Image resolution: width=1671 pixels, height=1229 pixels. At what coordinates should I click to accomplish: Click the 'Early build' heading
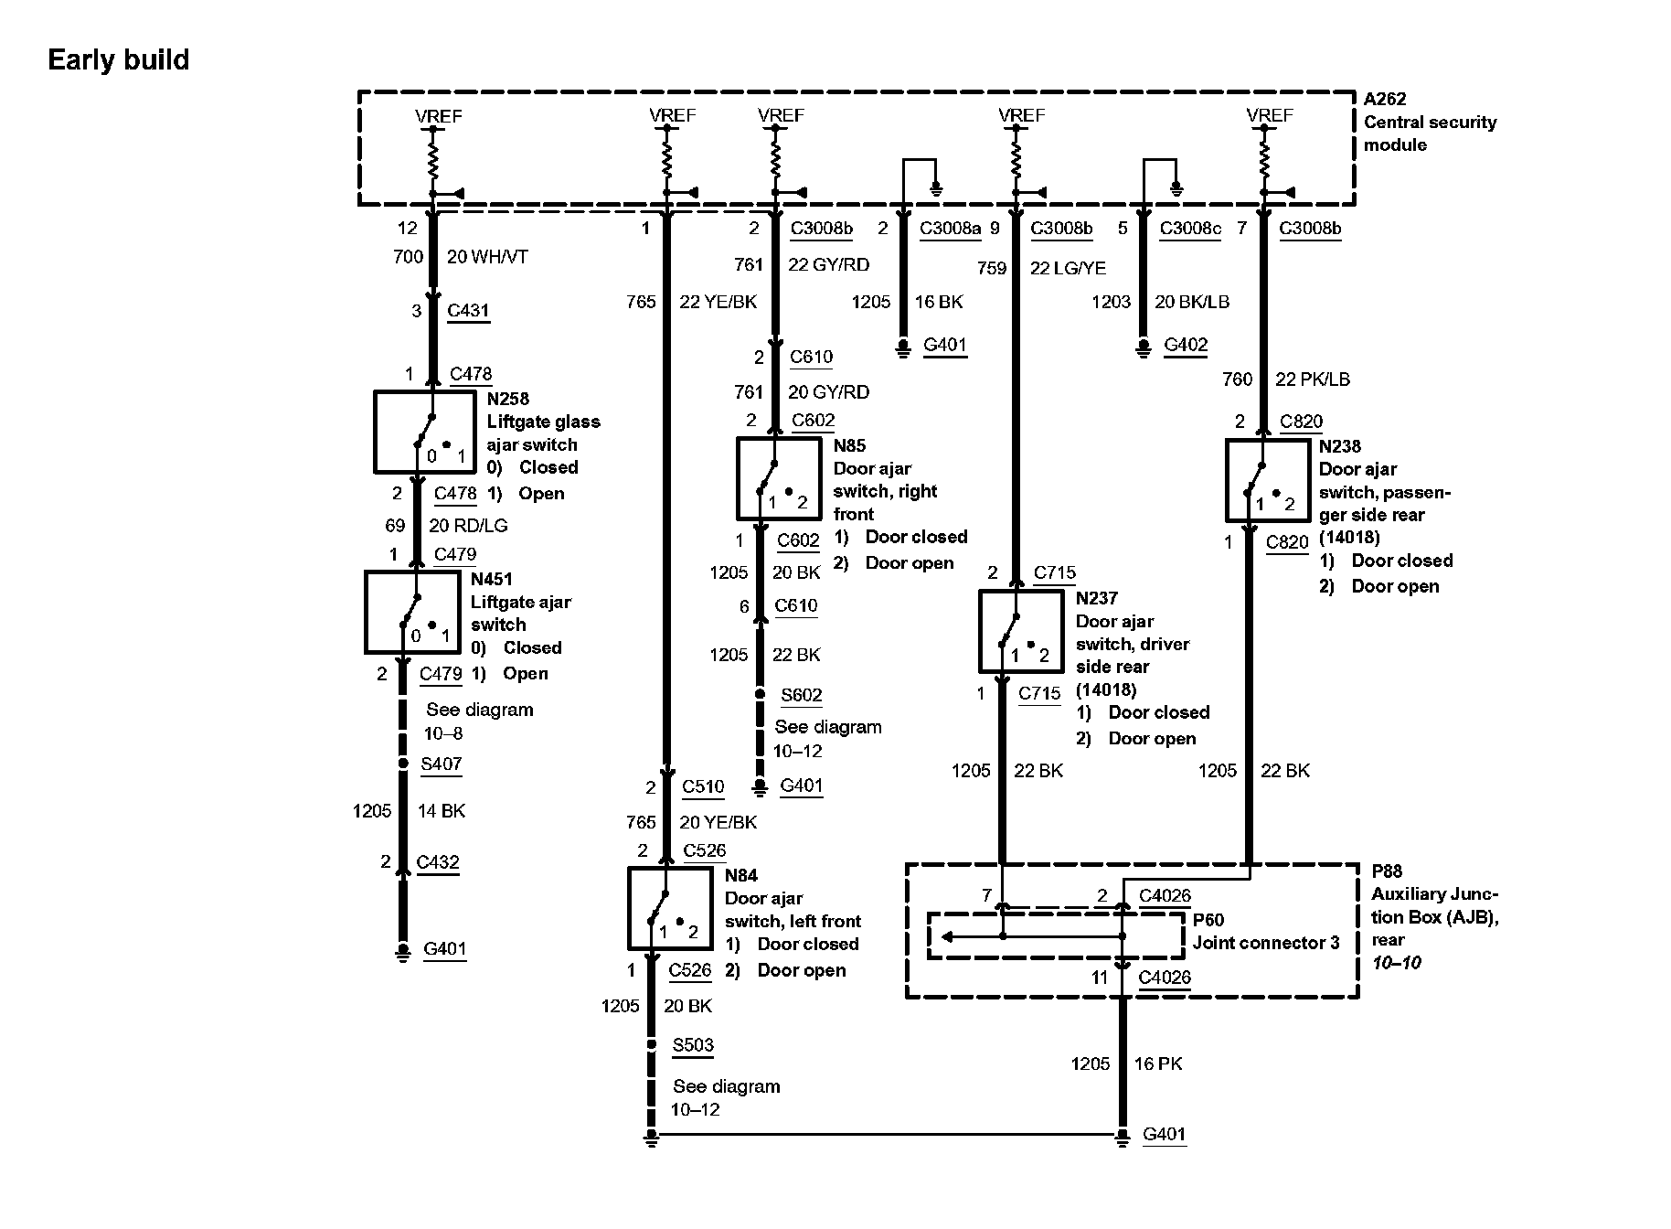click(118, 60)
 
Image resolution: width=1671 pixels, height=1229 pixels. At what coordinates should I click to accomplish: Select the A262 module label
click(1385, 99)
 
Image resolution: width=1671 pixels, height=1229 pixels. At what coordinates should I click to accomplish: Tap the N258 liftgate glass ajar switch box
click(424, 433)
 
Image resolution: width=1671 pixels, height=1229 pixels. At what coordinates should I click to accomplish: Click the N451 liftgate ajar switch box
click(412, 612)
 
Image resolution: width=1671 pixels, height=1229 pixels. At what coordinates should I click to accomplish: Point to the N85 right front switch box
click(778, 479)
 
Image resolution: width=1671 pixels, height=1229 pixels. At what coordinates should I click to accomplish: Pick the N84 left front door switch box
click(670, 909)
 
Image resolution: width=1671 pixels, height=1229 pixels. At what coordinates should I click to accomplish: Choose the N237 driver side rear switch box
click(1021, 631)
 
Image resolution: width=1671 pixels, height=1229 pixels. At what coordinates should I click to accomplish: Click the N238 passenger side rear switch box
click(1267, 481)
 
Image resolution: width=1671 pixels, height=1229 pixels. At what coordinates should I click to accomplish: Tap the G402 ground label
click(1186, 345)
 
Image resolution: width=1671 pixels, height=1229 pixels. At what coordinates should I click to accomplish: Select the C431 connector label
click(468, 310)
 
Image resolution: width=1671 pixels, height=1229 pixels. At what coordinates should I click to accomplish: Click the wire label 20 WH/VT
click(487, 257)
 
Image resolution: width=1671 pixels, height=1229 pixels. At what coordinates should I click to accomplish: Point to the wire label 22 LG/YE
click(1068, 268)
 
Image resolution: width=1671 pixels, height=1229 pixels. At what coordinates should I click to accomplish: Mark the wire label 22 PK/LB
click(1313, 379)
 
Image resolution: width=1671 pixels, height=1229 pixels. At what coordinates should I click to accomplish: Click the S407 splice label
click(442, 764)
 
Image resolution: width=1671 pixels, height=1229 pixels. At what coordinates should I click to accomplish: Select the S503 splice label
click(693, 1045)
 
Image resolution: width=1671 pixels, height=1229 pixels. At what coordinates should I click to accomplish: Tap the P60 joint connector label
click(1208, 920)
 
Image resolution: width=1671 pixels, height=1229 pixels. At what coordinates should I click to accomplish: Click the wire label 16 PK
click(1158, 1063)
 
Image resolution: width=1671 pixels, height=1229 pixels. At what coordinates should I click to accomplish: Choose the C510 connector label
click(703, 786)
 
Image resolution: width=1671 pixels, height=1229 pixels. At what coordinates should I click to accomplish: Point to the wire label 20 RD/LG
click(468, 526)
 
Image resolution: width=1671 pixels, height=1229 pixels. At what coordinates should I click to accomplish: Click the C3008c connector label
click(1190, 229)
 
